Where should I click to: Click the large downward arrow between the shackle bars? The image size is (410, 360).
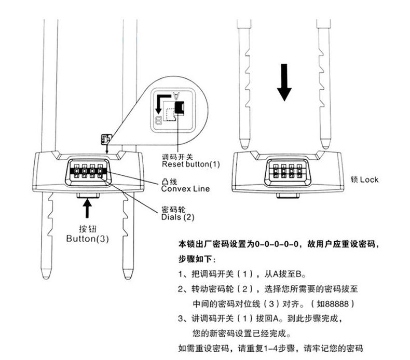pos(284,82)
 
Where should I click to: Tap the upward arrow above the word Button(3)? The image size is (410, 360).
pos(87,209)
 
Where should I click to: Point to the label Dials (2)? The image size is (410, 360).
pos(179,218)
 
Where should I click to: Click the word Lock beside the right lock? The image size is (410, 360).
pos(368,180)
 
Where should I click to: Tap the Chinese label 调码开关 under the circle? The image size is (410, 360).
pos(177,156)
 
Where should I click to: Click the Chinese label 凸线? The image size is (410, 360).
pos(170,181)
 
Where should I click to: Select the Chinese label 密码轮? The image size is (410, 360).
pos(173,210)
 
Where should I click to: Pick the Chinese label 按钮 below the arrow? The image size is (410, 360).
pos(87,229)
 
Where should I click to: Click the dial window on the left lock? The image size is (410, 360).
pos(87,172)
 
